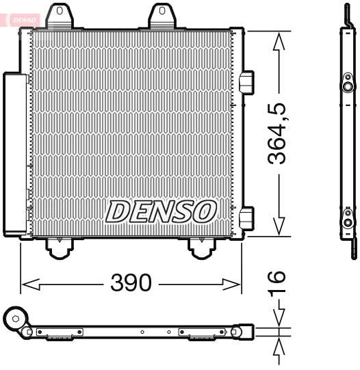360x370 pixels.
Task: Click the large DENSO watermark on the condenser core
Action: (161, 212)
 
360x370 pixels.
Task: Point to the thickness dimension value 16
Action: (277, 285)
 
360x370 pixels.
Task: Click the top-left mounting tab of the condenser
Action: (61, 16)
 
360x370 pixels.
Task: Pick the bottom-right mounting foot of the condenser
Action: (201, 248)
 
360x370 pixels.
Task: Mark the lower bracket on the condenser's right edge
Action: (248, 217)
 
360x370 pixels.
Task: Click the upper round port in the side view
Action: (348, 87)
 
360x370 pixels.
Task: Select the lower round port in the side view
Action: (348, 222)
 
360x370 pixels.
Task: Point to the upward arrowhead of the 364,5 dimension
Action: (278, 42)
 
